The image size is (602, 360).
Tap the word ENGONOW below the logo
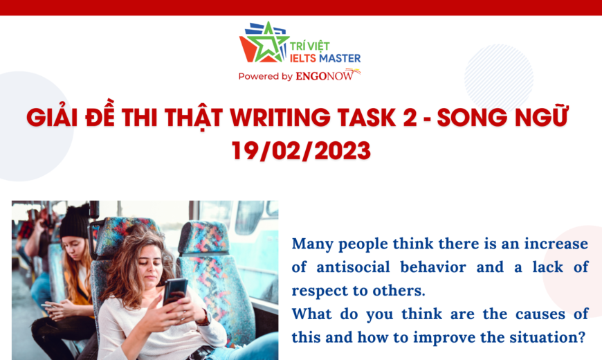coord(325,75)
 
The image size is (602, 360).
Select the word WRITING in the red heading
coord(280,117)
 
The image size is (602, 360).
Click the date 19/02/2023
coord(302,151)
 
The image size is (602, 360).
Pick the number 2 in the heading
coord(410,117)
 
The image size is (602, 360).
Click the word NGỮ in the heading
coord(541,116)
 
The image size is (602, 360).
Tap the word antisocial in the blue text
coord(353,267)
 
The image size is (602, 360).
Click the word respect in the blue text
coord(320,291)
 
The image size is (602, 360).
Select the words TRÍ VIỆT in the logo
coord(309,46)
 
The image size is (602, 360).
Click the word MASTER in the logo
coord(340,58)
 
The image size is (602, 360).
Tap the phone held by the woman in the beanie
coord(48,306)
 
